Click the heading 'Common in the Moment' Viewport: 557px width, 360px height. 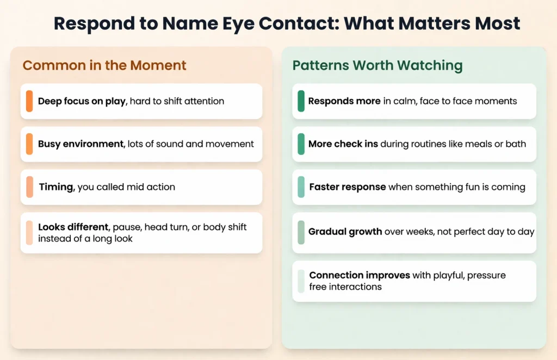pos(104,66)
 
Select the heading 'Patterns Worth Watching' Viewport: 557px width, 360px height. pos(377,66)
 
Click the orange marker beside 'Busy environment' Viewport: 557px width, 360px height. pos(29,144)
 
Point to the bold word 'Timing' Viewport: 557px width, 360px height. pos(56,187)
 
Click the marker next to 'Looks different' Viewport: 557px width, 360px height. pos(29,232)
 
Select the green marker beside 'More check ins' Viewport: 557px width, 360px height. pos(301,144)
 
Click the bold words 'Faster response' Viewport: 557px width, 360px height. pos(348,187)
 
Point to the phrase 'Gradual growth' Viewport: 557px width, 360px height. pos(345,232)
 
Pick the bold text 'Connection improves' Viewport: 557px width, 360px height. pos(360,275)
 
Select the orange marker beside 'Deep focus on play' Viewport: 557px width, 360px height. pos(29,101)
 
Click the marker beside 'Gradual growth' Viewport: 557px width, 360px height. pos(301,232)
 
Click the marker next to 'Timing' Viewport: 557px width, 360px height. pos(29,187)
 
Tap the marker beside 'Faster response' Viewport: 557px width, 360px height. pos(301,187)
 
